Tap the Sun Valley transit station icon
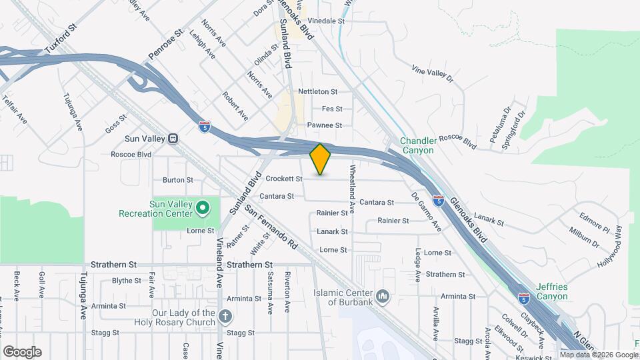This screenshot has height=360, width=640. pos(173,139)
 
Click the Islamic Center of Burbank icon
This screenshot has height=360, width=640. pos(383,295)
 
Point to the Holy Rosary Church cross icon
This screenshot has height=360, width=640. pos(226,315)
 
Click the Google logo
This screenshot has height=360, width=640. pos(22,351)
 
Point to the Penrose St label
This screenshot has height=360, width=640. pos(166,43)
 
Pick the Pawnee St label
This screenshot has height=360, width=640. pos(324,125)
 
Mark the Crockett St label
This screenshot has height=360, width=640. pos(284,179)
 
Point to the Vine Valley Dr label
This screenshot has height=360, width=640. pos(433,73)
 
